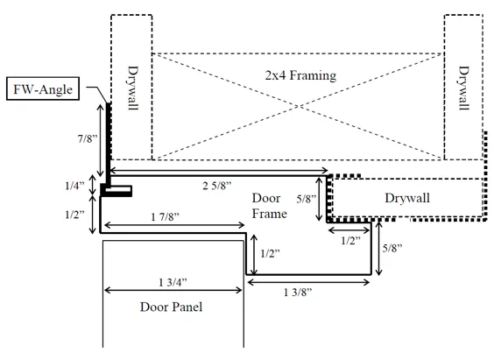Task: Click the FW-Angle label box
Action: (x=43, y=88)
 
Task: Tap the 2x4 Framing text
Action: (x=300, y=75)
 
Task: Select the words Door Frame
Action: (x=270, y=206)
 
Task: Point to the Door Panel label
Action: (x=171, y=307)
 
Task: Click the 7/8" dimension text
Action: (x=88, y=138)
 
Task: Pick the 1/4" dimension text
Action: (x=75, y=186)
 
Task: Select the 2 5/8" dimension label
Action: (x=216, y=186)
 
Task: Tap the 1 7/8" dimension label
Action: (x=165, y=216)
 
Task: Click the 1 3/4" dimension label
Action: (x=173, y=282)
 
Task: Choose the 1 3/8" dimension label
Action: (x=298, y=293)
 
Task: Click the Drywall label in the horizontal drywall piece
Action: (x=407, y=198)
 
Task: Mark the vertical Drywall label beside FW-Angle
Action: (x=133, y=88)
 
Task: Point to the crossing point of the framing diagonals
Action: (x=298, y=107)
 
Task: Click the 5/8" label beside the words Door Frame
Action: (x=307, y=199)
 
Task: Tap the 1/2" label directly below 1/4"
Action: (x=75, y=215)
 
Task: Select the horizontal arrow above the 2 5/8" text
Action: (x=219, y=171)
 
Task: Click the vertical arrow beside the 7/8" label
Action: (x=100, y=140)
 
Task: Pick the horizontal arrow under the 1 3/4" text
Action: (x=173, y=290)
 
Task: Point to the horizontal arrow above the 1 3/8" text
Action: (x=308, y=282)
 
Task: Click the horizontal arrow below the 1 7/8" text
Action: (x=174, y=225)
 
